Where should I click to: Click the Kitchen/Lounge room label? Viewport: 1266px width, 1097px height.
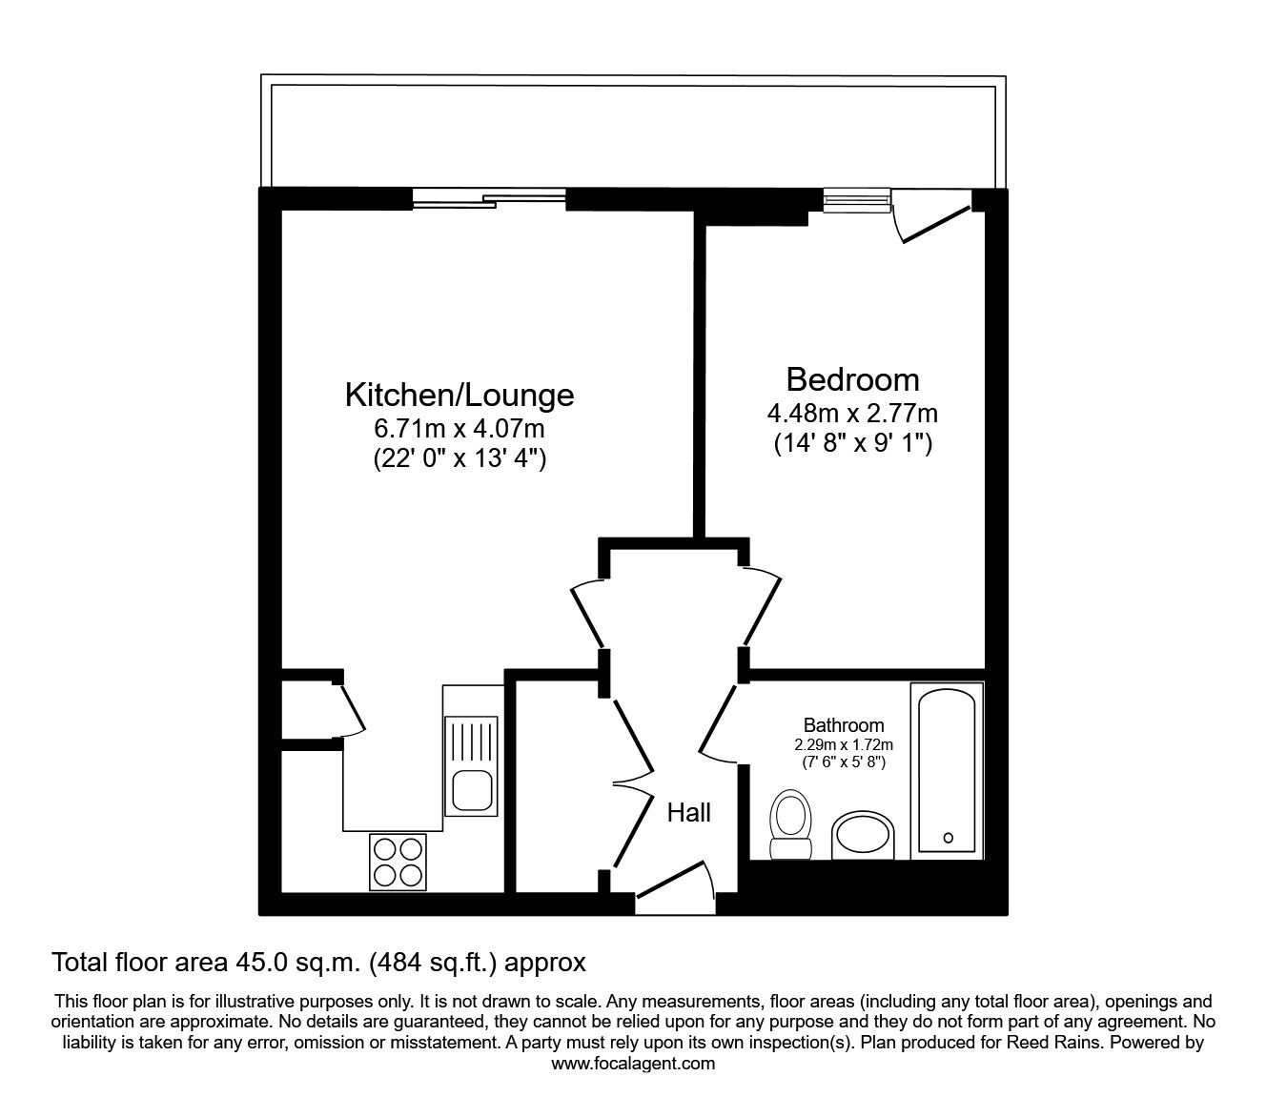pyautogui.click(x=459, y=394)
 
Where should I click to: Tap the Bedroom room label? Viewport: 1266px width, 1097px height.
pyautogui.click(x=852, y=379)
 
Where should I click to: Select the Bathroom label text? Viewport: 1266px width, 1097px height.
pyautogui.click(x=843, y=725)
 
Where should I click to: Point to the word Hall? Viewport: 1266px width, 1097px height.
pyautogui.click(x=688, y=813)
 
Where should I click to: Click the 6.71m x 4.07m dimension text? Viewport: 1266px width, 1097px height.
pyautogui.click(x=459, y=428)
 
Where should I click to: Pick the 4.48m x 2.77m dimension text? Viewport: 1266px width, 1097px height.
pyautogui.click(x=852, y=413)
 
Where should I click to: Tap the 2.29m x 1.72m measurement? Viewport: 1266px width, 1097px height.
pyautogui.click(x=843, y=744)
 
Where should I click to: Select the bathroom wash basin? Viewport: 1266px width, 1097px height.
pyautogui.click(x=862, y=837)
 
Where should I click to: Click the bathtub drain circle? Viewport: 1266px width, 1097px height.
pyautogui.click(x=948, y=838)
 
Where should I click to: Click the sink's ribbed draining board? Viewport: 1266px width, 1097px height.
pyautogui.click(x=472, y=741)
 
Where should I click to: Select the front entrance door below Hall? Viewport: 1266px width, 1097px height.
pyautogui.click(x=675, y=882)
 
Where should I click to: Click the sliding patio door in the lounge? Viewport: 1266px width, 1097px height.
pyautogui.click(x=489, y=199)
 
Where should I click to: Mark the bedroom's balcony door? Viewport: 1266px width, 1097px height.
pyautogui.click(x=934, y=221)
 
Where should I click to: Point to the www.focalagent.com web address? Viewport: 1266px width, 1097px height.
pyautogui.click(x=633, y=1064)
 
